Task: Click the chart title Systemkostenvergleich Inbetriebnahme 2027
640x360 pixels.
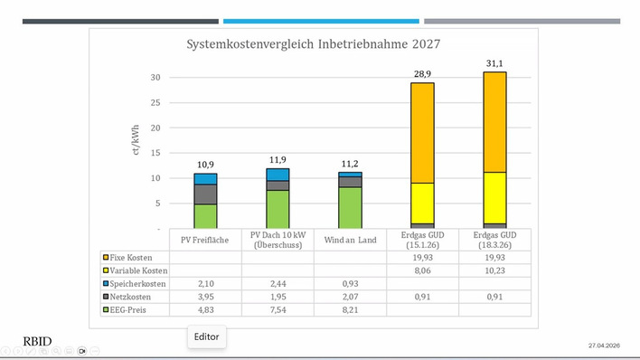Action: [x=314, y=43]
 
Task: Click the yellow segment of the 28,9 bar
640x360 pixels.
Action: [x=422, y=203]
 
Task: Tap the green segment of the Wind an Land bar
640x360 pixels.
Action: [x=350, y=207]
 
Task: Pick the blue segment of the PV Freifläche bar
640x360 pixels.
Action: [x=205, y=179]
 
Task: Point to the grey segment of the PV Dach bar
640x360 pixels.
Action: [x=278, y=185]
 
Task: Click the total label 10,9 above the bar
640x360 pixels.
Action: [x=205, y=165]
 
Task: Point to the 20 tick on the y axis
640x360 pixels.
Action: [x=155, y=128]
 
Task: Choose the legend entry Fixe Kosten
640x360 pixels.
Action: [x=130, y=257]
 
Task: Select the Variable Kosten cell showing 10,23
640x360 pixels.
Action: [x=494, y=271]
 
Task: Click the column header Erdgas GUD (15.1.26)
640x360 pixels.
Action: [x=422, y=240]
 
